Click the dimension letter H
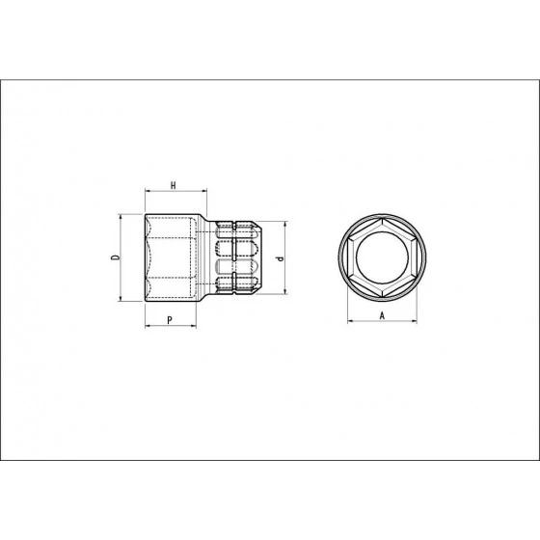pyautogui.click(x=173, y=183)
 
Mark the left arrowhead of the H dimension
pyautogui.click(x=147, y=191)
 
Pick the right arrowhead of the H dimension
pyautogui.click(x=202, y=191)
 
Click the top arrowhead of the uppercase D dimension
pyautogui.click(x=121, y=216)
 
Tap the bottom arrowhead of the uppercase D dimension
pyautogui.click(x=121, y=301)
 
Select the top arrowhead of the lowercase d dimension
pyautogui.click(x=285, y=224)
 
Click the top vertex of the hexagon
pyautogui.click(x=383, y=219)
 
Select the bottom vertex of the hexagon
pyautogui.click(x=383, y=299)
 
